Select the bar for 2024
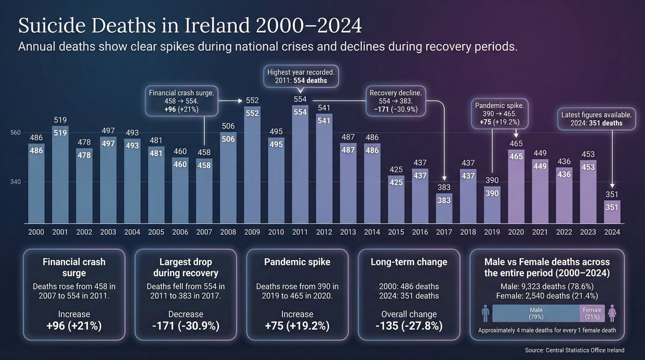pos(612,212)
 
